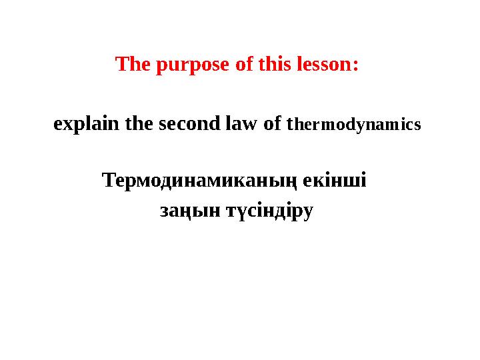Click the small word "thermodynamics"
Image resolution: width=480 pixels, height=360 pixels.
[353, 125]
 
